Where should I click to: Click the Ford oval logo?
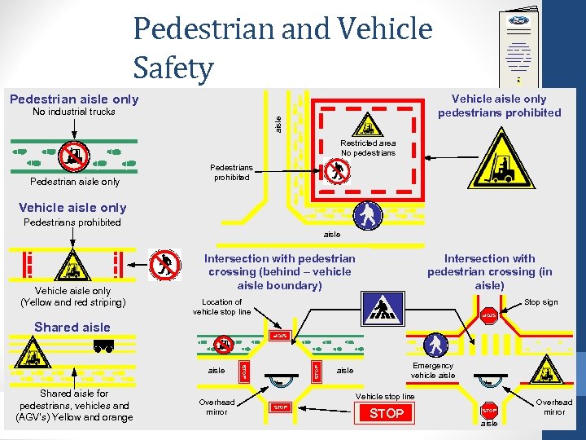pyautogui.click(x=519, y=20)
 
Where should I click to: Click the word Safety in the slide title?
pyautogui.click(x=173, y=68)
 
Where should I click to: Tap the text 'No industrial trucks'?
pyautogui.click(x=73, y=112)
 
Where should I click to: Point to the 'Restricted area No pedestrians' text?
pyautogui.click(x=368, y=147)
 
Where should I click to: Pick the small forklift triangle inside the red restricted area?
pyautogui.click(x=368, y=126)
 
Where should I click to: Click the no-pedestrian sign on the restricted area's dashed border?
pyautogui.click(x=336, y=171)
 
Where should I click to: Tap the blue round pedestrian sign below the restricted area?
pyautogui.click(x=370, y=214)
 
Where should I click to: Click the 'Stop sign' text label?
pyautogui.click(x=540, y=302)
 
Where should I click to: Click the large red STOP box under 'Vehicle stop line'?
pyautogui.click(x=387, y=414)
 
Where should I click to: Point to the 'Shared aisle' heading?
pyautogui.click(x=72, y=327)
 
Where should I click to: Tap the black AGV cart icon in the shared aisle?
pyautogui.click(x=103, y=347)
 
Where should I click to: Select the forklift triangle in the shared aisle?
pyautogui.click(x=34, y=355)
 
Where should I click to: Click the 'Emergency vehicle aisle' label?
pyautogui.click(x=433, y=371)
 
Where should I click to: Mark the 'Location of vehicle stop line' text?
pyautogui.click(x=222, y=306)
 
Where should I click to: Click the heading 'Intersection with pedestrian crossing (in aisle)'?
pyautogui.click(x=489, y=271)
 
